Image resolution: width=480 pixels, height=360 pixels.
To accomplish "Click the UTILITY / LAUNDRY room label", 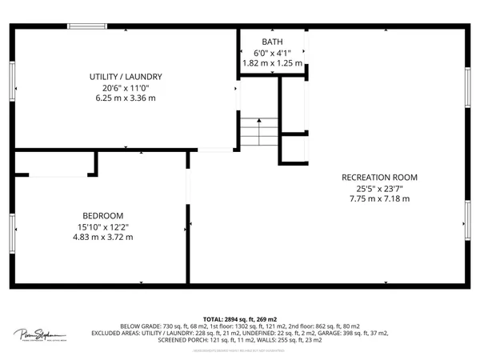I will click(120, 77).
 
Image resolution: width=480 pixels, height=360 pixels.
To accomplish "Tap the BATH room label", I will click(272, 42).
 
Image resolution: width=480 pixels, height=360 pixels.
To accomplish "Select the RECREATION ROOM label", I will click(379, 178).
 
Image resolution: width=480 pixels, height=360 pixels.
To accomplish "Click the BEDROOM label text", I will click(103, 216).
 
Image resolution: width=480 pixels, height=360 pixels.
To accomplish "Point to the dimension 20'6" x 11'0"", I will click(120, 87).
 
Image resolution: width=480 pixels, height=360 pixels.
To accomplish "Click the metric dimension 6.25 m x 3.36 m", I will click(120, 98).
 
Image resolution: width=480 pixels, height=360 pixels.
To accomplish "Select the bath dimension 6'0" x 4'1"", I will click(272, 53).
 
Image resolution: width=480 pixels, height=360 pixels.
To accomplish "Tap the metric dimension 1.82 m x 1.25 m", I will click(272, 63).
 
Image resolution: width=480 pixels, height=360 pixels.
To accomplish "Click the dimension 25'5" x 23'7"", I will click(379, 189).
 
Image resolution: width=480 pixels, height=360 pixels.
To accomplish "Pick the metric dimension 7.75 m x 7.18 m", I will click(379, 199).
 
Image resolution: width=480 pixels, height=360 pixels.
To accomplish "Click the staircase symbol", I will click(258, 132).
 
